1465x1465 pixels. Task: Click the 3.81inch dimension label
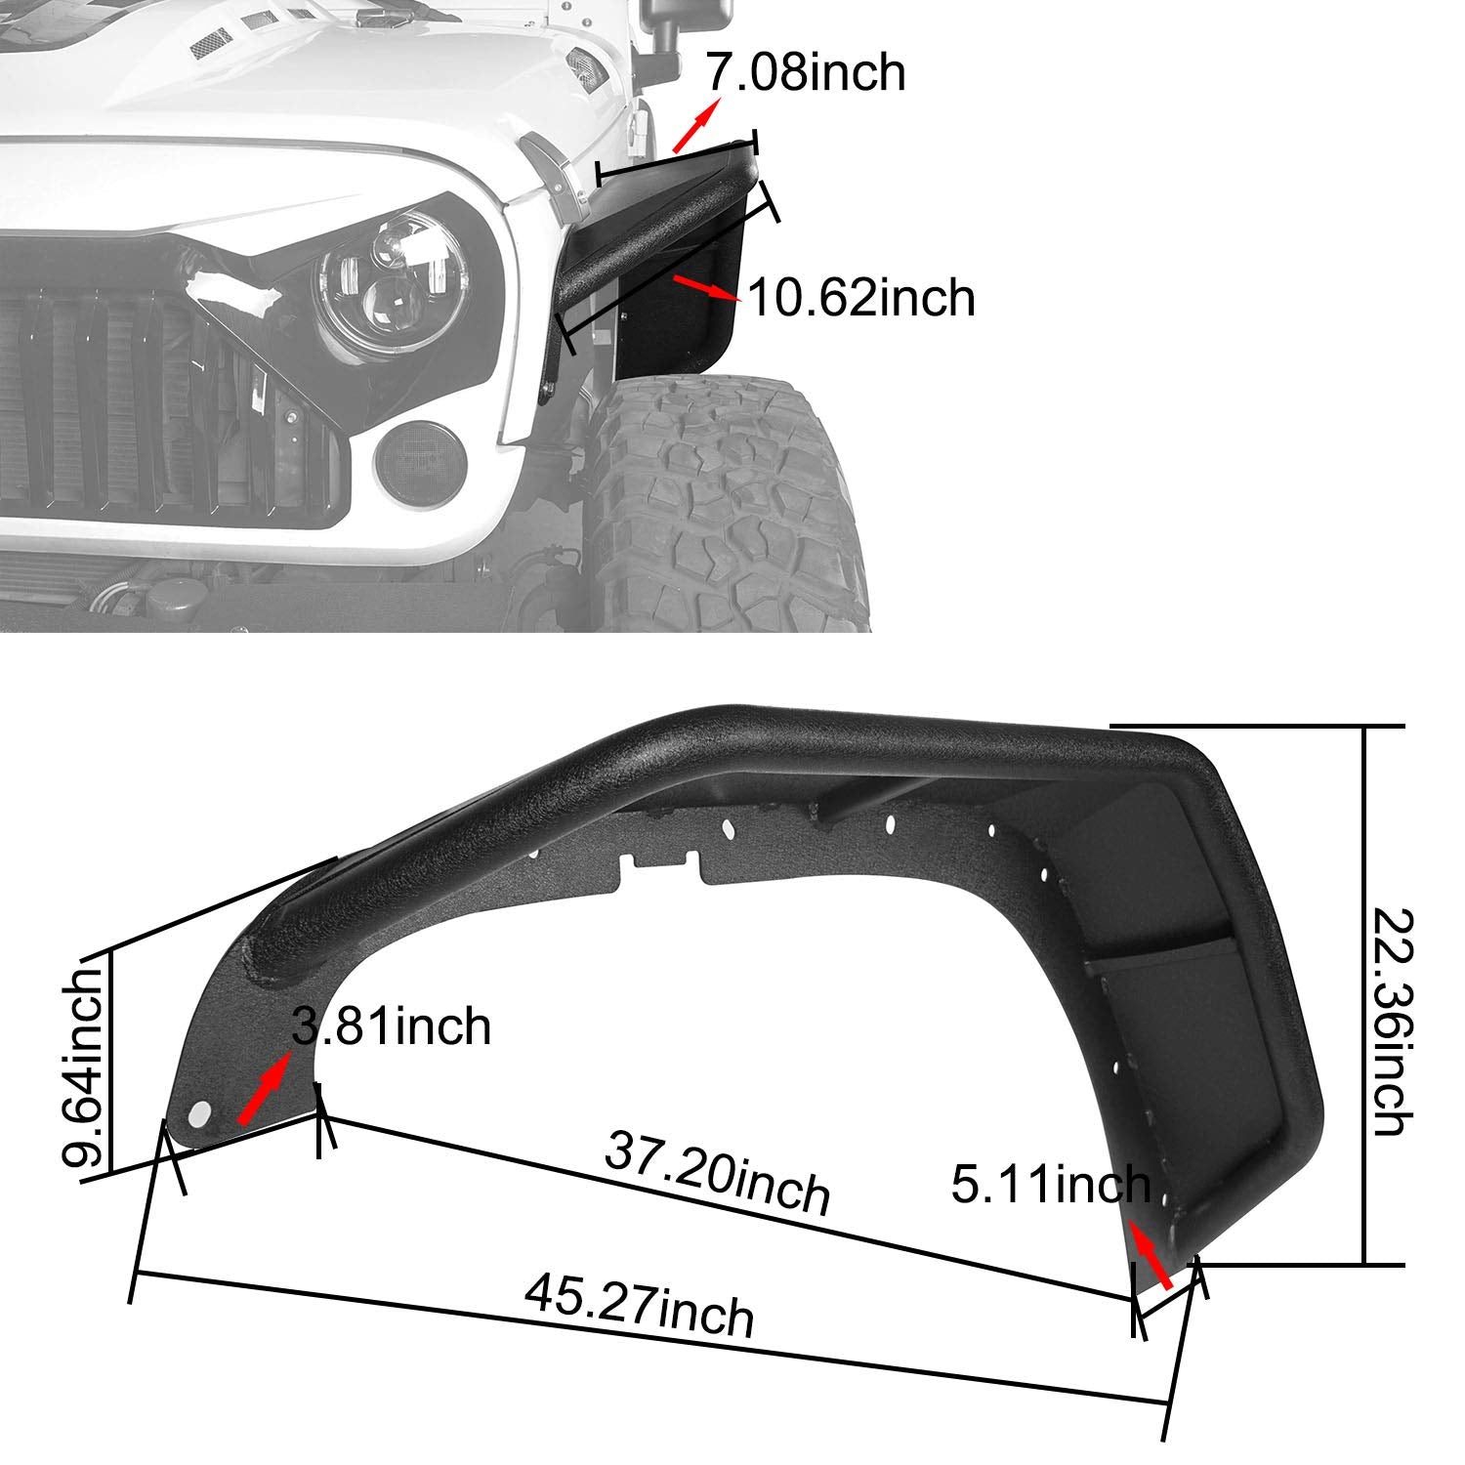[392, 1026]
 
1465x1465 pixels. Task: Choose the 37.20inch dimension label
[718, 1173]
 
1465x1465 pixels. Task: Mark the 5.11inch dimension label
[1051, 1185]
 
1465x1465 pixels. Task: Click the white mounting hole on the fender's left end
[200, 1114]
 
